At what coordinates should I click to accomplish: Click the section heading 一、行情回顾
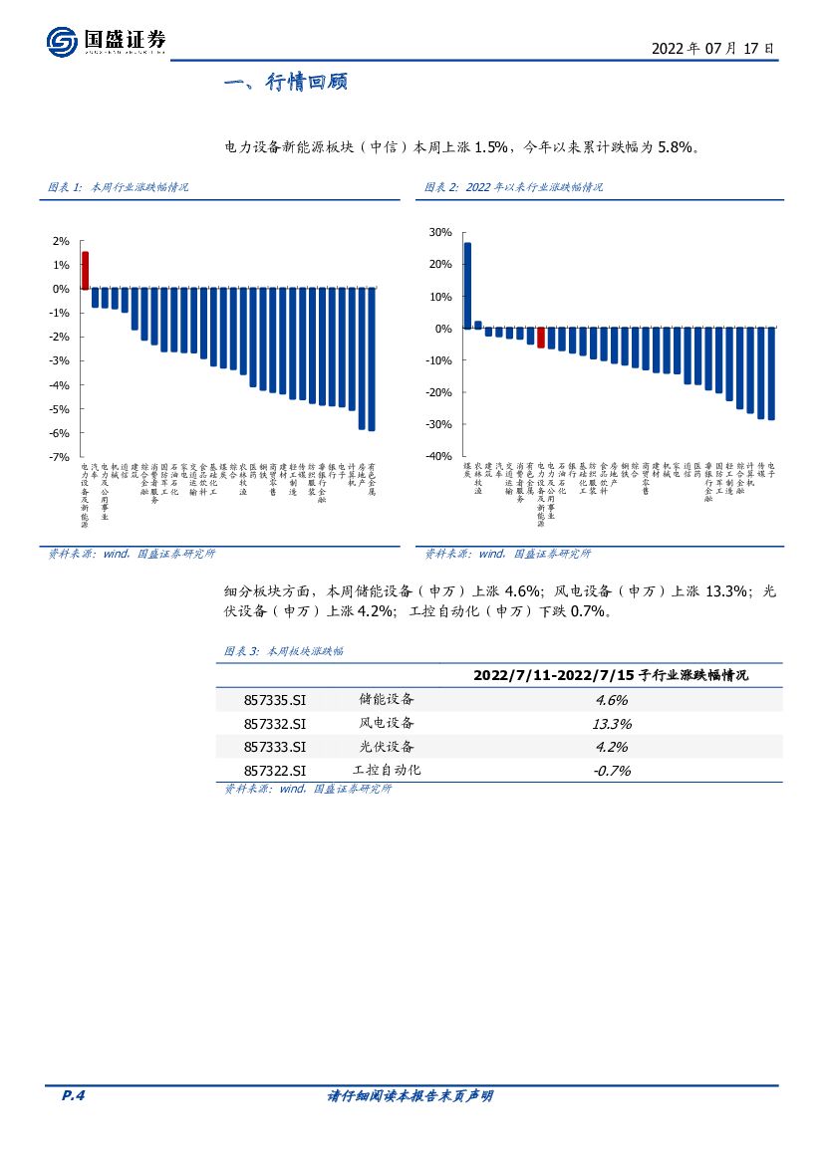[x=285, y=83]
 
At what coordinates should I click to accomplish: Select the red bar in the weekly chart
[x=85, y=270]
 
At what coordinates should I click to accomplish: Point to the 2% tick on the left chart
[x=61, y=241]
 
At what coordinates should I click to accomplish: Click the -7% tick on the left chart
[x=60, y=457]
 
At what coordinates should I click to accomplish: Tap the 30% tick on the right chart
[x=439, y=232]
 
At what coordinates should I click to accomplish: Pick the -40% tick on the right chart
[x=437, y=456]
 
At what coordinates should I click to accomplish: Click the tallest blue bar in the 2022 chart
[x=467, y=286]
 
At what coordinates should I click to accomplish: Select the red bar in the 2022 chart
[x=541, y=339]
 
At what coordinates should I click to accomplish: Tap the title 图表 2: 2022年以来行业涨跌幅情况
[x=513, y=187]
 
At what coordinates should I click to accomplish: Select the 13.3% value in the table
[x=611, y=724]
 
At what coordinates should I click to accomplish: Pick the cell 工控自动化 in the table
[x=387, y=770]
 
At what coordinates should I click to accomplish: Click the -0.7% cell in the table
[x=611, y=770]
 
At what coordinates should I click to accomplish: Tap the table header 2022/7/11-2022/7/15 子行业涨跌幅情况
[x=611, y=675]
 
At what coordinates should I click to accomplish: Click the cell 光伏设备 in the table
[x=387, y=747]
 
